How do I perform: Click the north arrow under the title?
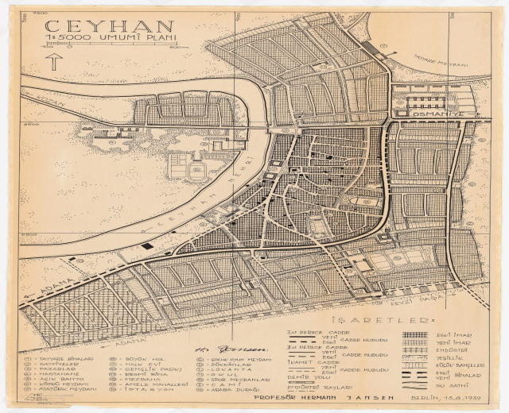click(54, 61)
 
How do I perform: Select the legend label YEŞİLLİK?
click(465, 357)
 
